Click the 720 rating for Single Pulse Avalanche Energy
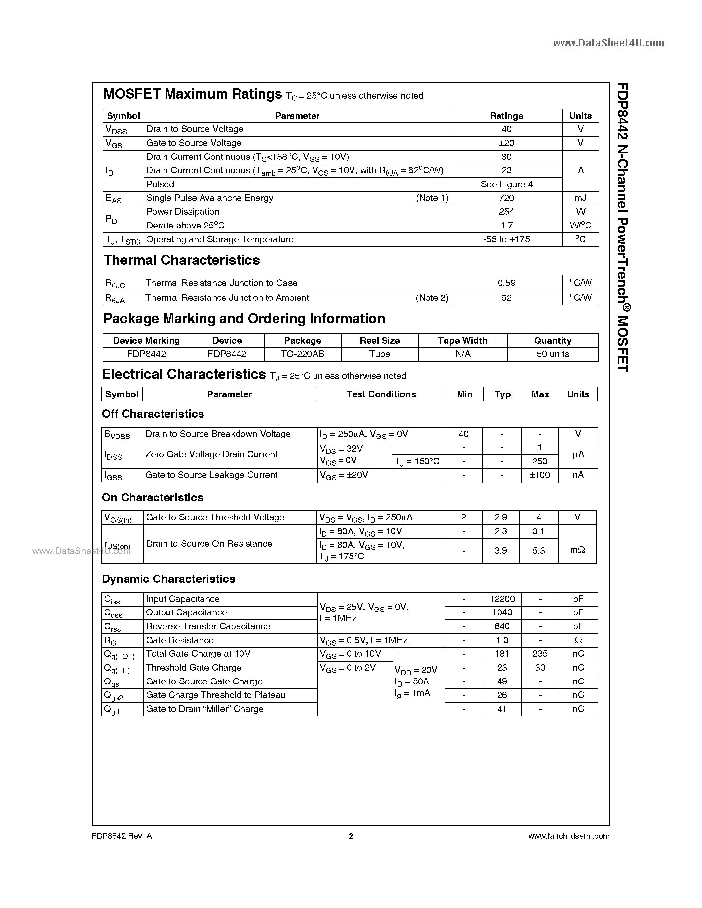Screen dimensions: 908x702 coord(506,198)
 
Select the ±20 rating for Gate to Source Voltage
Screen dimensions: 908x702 coord(506,143)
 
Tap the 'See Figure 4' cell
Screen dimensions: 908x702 coord(506,184)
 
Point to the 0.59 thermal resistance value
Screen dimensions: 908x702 coord(506,283)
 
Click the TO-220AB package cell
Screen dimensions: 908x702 coord(302,354)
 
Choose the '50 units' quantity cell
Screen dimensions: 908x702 coord(552,354)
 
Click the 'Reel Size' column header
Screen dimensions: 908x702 coord(379,340)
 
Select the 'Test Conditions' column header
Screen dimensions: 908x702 coord(381,394)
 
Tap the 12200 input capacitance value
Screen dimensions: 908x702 coord(502,599)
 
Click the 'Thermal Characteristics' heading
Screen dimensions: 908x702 coord(181,260)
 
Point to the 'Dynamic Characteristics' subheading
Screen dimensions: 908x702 coord(168,579)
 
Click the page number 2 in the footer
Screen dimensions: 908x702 coord(351,836)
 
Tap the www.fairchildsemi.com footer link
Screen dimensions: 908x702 coord(568,836)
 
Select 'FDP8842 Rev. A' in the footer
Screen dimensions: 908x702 coord(122,836)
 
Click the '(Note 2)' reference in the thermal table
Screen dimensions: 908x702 coord(432,298)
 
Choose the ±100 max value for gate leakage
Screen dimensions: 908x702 coord(540,475)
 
